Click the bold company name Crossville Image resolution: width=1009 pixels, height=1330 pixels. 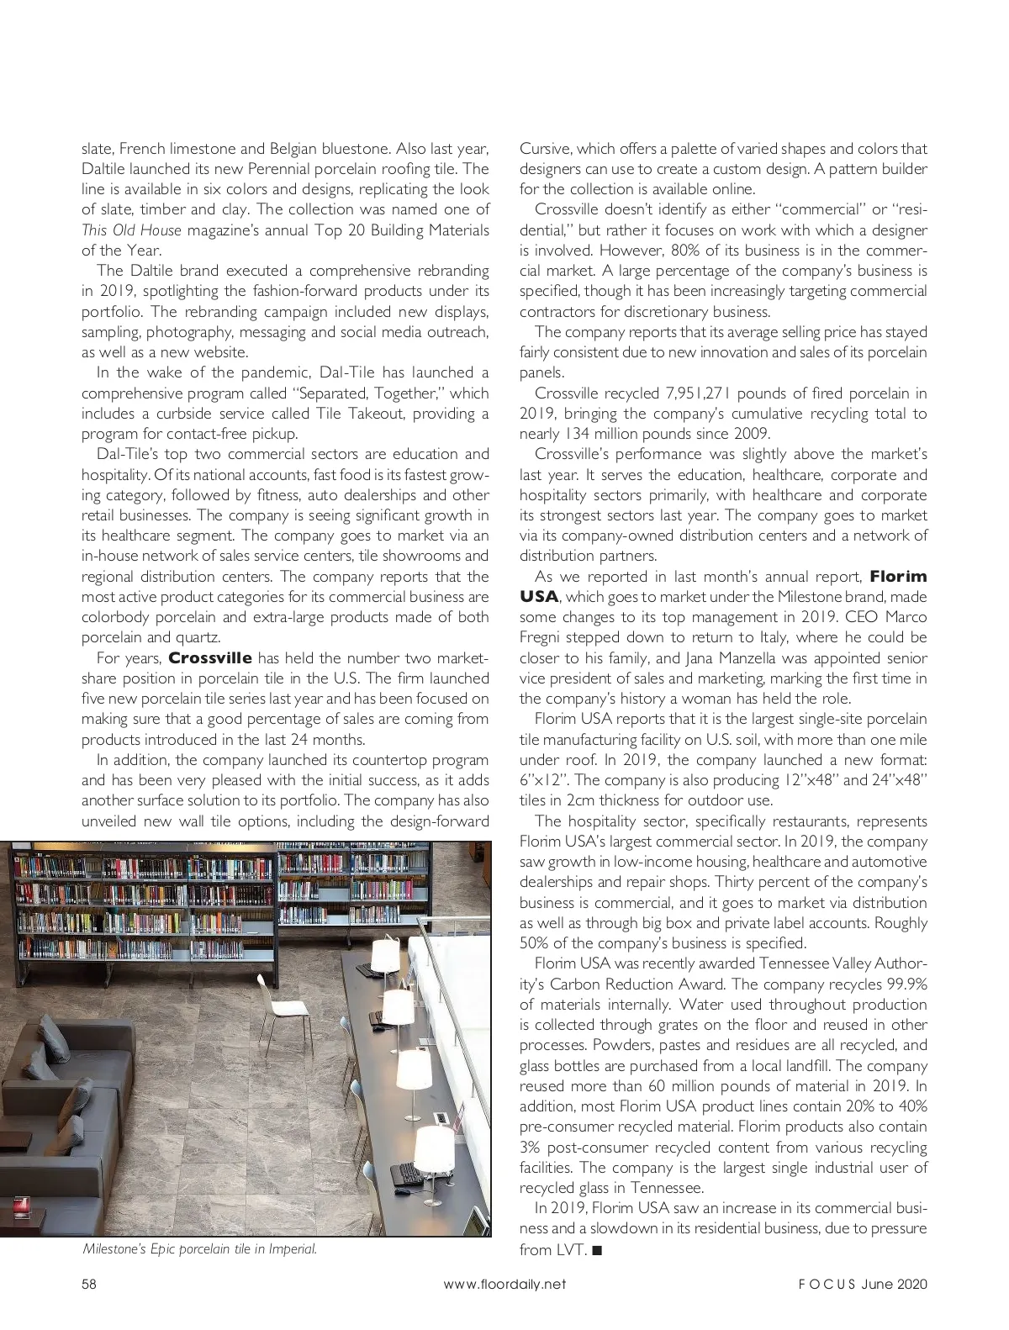[210, 658]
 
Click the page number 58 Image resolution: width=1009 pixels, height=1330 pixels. [89, 1285]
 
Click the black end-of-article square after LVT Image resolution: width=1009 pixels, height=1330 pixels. [597, 1250]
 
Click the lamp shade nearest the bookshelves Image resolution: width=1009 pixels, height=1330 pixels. [386, 953]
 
